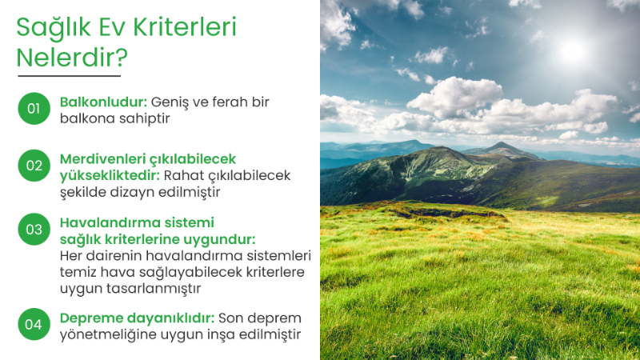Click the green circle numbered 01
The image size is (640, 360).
click(x=34, y=109)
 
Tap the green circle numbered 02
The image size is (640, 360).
click(x=34, y=166)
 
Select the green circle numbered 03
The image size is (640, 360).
click(x=34, y=229)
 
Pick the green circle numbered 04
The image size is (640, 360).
click(x=34, y=324)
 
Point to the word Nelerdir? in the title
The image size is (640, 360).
click(x=72, y=58)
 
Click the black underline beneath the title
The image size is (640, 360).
click(x=69, y=76)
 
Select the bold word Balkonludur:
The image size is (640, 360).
click(x=103, y=102)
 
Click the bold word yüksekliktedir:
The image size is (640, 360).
click(x=110, y=175)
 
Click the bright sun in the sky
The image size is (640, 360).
click(x=572, y=50)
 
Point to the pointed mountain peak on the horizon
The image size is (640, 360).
click(x=502, y=146)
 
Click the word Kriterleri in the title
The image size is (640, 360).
click(x=185, y=28)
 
